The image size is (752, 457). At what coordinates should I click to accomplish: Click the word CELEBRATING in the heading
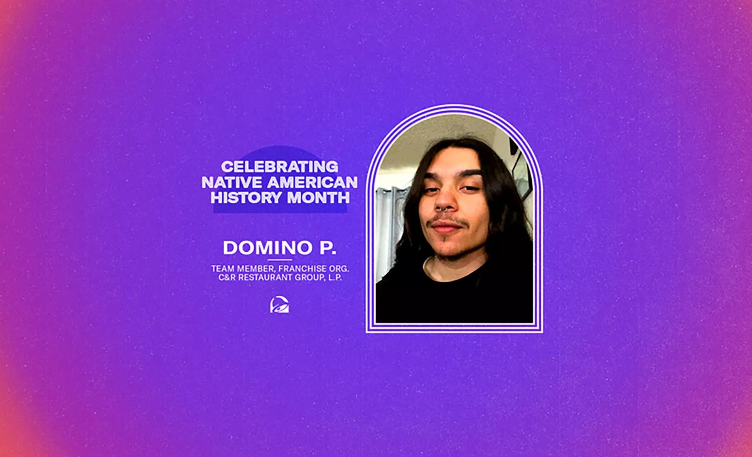point(280,167)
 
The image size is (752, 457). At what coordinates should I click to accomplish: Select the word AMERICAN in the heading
point(312,182)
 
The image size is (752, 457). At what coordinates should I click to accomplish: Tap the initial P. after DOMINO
point(327,248)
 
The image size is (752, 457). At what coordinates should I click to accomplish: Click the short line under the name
point(280,260)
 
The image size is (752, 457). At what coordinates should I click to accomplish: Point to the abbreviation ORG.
point(339,269)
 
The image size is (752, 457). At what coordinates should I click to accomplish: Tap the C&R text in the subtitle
point(227,278)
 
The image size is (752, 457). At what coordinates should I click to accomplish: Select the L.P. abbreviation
point(335,278)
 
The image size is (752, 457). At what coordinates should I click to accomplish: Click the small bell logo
point(280,305)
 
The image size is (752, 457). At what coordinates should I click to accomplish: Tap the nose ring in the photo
point(443,209)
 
